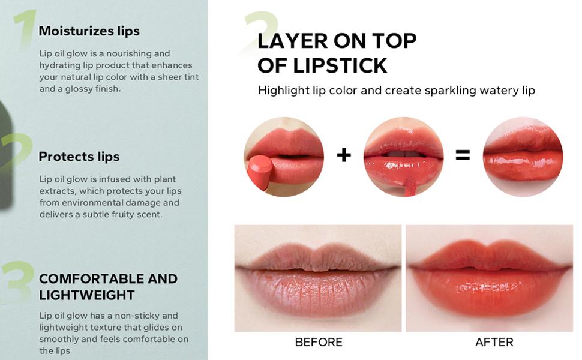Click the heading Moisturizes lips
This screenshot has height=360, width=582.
pos(89,31)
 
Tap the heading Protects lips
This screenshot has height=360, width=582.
pos(79,157)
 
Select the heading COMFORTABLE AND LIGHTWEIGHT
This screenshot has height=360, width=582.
pos(108,287)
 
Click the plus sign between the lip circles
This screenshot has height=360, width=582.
pos(344,155)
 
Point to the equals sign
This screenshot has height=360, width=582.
pos(463,155)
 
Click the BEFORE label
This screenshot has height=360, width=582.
pos(319,342)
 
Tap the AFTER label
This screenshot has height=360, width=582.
pos(494,342)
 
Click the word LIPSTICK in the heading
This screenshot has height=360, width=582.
pos(340,65)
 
